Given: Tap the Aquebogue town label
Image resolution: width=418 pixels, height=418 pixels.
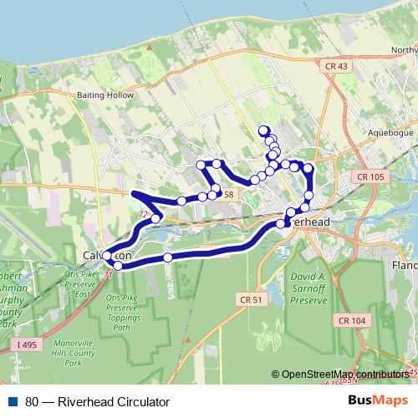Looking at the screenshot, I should [390, 132].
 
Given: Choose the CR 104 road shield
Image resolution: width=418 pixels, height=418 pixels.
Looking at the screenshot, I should [354, 320].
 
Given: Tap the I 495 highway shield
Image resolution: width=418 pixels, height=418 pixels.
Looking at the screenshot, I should [26, 343].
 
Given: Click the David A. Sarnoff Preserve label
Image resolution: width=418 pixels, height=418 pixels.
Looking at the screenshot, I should [313, 284].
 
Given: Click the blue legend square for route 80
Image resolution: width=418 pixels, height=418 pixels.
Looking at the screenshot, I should [13, 402].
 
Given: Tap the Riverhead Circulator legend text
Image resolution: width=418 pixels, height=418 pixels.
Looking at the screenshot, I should [97, 402].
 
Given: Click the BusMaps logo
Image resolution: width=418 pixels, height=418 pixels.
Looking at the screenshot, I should [377, 401].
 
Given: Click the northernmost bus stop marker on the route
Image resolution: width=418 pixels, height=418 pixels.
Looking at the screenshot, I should [263, 130].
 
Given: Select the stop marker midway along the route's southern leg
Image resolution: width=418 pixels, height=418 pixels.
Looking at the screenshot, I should [168, 257].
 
